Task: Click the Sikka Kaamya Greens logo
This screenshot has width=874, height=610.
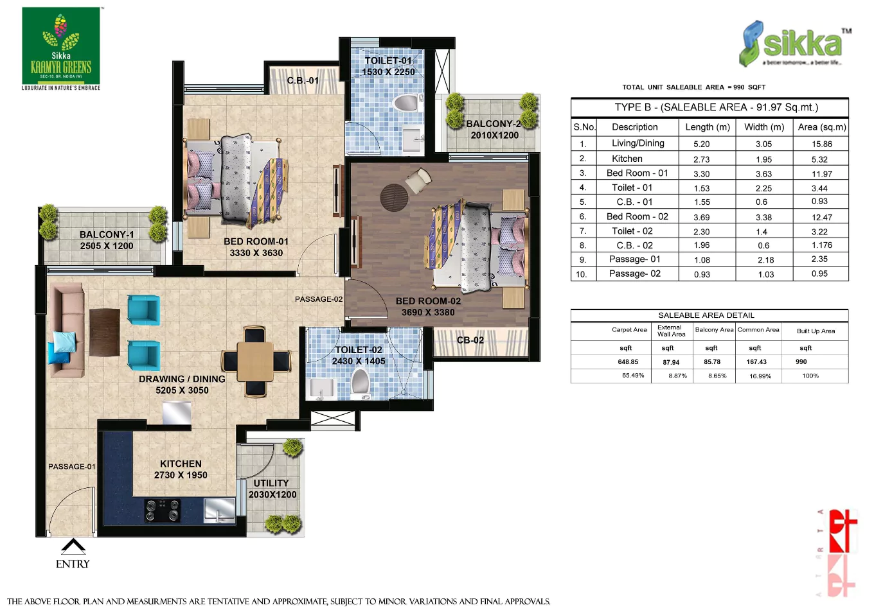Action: [61, 48]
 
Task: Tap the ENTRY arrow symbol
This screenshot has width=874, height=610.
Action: [73, 546]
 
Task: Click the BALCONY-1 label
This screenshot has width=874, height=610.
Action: [107, 234]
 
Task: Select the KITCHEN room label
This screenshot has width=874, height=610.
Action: [181, 464]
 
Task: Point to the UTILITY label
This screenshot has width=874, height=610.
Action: [271, 483]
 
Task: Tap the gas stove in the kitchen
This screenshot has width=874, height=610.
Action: [162, 510]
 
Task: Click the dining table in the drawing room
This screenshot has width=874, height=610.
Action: [255, 362]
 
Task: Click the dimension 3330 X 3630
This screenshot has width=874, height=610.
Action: [256, 253]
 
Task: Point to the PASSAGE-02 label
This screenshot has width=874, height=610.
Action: [319, 299]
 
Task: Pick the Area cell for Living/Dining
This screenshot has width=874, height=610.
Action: [821, 144]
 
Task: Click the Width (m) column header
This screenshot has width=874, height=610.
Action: [764, 127]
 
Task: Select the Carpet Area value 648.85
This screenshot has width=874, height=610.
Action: [628, 362]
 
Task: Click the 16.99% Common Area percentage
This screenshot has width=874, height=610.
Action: [760, 376]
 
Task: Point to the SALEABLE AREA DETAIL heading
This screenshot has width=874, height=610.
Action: [706, 315]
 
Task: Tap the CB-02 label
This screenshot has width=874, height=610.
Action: [470, 340]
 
